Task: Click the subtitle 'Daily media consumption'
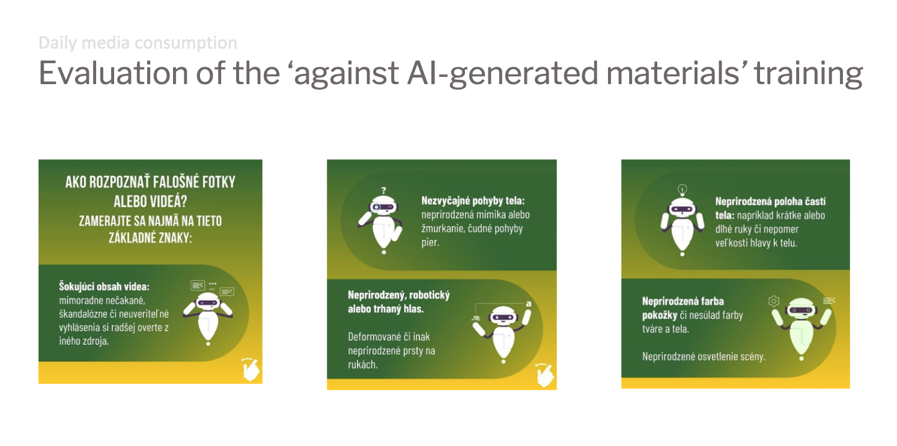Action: point(138,43)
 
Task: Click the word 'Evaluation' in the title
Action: point(114,73)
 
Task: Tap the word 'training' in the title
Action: point(809,74)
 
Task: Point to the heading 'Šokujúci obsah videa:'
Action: point(104,287)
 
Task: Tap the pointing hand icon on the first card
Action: point(251,369)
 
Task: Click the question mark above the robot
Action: point(384,190)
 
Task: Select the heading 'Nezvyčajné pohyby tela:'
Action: point(473,200)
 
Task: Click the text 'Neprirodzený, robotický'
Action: point(399,295)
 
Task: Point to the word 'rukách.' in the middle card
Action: point(363,365)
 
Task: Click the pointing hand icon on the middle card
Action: point(544,375)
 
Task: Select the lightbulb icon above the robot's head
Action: point(683,189)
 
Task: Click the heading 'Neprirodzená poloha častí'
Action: point(770,201)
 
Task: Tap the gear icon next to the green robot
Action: point(774,301)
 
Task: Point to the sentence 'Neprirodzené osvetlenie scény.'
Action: point(704,356)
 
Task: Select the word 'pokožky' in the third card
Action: point(660,316)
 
